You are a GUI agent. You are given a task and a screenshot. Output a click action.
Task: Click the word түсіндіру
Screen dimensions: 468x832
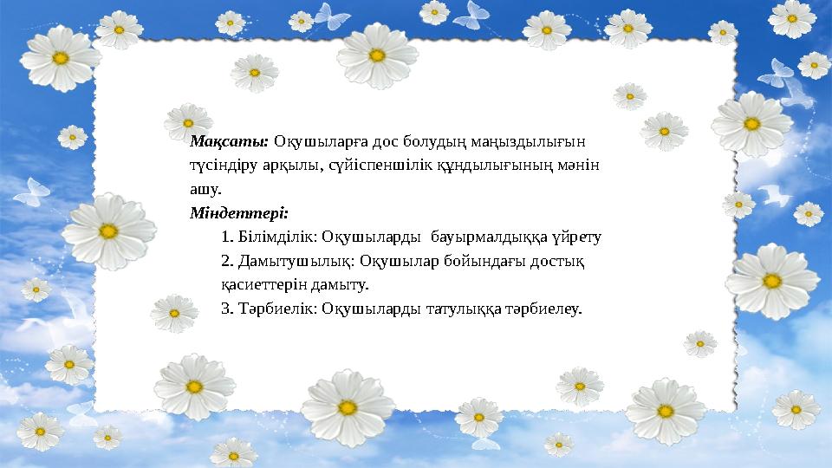point(224,165)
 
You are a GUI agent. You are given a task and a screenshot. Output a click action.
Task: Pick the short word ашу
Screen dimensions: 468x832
point(205,188)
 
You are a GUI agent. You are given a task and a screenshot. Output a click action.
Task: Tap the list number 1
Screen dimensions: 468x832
point(227,236)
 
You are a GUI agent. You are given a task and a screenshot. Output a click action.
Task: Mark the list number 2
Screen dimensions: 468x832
point(227,259)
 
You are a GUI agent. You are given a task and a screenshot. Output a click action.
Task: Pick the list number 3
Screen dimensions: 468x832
point(227,307)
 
